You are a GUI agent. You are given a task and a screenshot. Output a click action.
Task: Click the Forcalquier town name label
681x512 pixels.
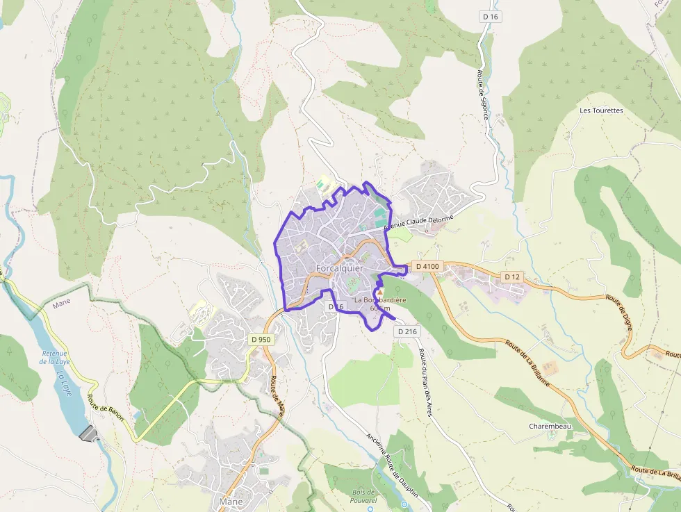[339, 268]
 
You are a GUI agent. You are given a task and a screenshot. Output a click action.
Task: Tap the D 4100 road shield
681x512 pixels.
[427, 266]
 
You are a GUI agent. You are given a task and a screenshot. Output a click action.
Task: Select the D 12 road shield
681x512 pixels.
[512, 276]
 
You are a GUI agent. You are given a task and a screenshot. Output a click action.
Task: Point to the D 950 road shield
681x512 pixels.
[259, 339]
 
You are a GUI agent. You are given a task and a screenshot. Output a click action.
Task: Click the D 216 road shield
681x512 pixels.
[408, 331]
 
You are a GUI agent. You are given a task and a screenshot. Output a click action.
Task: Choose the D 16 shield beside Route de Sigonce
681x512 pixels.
[490, 17]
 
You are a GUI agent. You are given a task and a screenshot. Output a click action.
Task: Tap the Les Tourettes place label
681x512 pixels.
[601, 110]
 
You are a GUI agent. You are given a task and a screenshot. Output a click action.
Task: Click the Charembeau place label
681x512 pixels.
[550, 426]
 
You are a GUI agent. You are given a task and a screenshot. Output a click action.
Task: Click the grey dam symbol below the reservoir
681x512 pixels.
[90, 434]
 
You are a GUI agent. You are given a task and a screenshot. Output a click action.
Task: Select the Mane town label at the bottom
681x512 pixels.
[231, 501]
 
